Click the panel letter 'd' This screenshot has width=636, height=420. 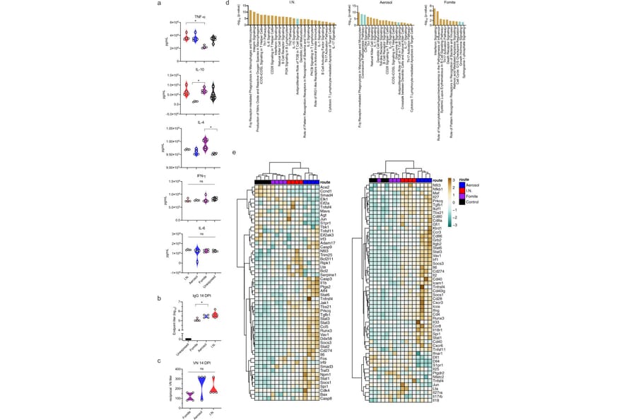pyautogui.click(x=228, y=3)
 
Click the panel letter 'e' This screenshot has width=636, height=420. pyautogui.click(x=234, y=152)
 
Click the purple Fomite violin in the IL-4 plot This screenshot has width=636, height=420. pyautogui.click(x=205, y=144)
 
